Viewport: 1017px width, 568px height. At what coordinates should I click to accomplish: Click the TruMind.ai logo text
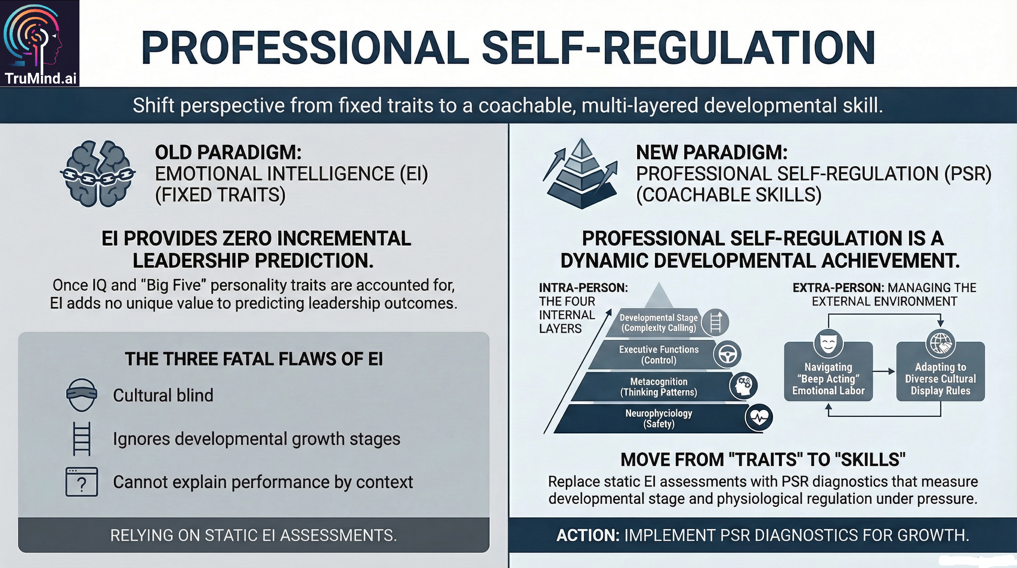pos(40,78)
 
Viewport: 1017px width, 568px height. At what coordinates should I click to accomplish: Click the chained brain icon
pos(98,174)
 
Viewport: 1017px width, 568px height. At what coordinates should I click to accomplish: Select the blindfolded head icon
pos(81,395)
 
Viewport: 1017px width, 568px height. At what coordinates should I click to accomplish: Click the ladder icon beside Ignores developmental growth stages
pos(82,439)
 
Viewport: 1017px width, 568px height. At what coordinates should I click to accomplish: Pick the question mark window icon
pos(81,481)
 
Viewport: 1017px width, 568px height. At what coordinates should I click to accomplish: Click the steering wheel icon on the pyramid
pos(727,354)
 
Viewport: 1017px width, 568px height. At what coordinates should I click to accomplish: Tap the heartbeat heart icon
pos(759,417)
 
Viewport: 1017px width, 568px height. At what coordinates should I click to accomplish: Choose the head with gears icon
pos(744,386)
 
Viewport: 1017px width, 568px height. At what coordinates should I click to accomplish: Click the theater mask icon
pos(828,344)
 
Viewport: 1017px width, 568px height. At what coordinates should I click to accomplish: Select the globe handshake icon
pos(941,344)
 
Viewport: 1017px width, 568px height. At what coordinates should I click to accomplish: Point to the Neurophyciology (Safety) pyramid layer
pos(659,418)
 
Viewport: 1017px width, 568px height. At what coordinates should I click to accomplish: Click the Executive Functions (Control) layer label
pos(659,355)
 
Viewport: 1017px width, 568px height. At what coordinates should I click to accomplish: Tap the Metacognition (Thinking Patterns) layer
pos(659,387)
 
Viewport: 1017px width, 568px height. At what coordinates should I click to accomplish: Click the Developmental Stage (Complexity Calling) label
pos(659,323)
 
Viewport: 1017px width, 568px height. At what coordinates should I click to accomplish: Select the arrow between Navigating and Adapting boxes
pos(884,371)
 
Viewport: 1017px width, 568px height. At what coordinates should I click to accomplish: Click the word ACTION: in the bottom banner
pos(588,535)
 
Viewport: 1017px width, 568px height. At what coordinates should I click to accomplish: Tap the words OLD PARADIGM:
pos(228,152)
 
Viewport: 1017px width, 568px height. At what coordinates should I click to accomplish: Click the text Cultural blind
pos(163,395)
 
